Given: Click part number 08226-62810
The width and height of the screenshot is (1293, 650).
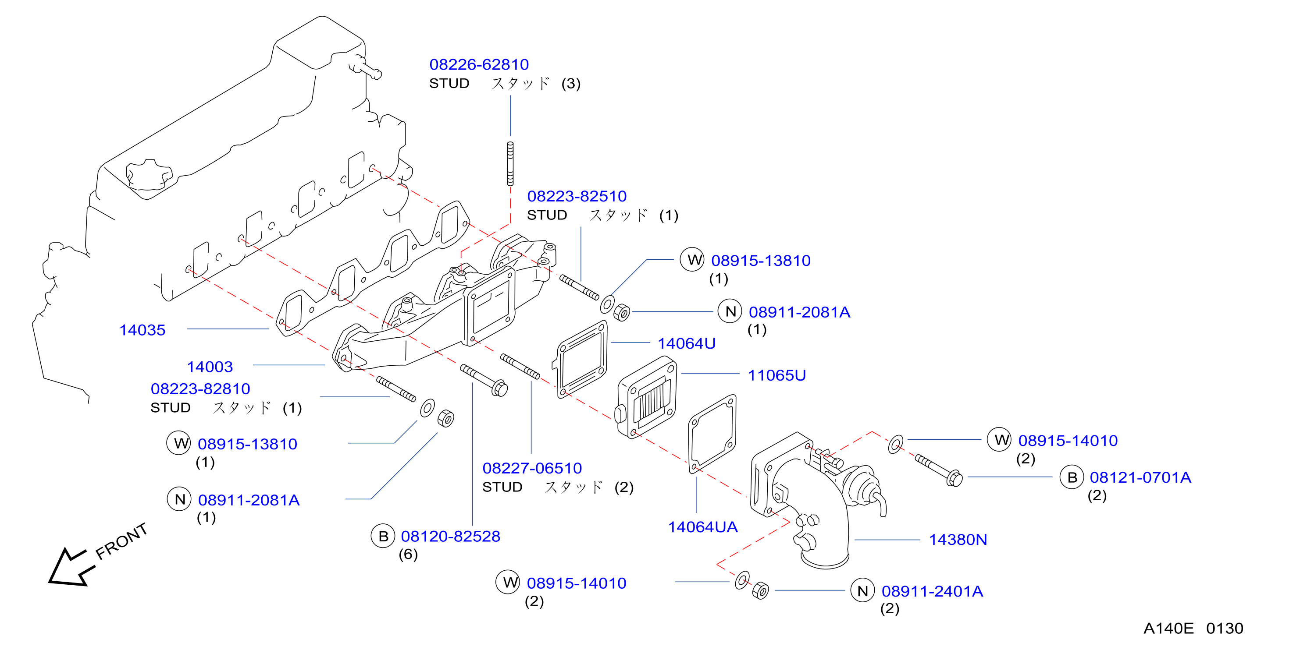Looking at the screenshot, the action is [x=479, y=65].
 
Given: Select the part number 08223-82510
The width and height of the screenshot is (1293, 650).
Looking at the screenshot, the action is [x=577, y=196].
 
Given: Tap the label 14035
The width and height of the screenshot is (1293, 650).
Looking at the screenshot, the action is [x=142, y=330].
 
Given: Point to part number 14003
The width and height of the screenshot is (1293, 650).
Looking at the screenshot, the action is [x=210, y=367].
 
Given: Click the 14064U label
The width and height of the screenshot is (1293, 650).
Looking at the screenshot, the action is [x=687, y=343].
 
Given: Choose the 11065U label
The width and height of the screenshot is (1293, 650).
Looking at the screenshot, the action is [x=777, y=375].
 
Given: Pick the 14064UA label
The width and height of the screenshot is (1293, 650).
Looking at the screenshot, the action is [x=703, y=527].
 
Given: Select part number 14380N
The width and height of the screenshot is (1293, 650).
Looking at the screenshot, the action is [x=958, y=540].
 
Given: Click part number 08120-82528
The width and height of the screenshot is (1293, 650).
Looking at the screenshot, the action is [x=450, y=536].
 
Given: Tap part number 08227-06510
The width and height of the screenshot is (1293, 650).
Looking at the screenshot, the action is [x=532, y=468].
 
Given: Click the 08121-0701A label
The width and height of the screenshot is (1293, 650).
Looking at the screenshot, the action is [x=1140, y=477].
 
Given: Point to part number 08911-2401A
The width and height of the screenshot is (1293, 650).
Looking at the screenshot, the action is [x=932, y=591].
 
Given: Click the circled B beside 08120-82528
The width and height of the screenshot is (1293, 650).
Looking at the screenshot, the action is [x=383, y=536].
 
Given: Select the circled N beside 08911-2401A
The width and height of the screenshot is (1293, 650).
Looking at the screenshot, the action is [x=863, y=591].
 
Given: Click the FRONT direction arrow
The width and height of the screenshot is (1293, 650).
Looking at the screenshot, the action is [x=70, y=568].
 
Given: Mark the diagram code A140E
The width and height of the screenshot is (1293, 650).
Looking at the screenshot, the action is [x=1168, y=629].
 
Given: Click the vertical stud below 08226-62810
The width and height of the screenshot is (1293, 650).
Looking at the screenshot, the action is [x=510, y=163].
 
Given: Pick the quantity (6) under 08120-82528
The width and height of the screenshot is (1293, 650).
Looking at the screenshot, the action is [x=408, y=554].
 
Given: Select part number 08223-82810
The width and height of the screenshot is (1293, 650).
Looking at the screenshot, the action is [x=200, y=389].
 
